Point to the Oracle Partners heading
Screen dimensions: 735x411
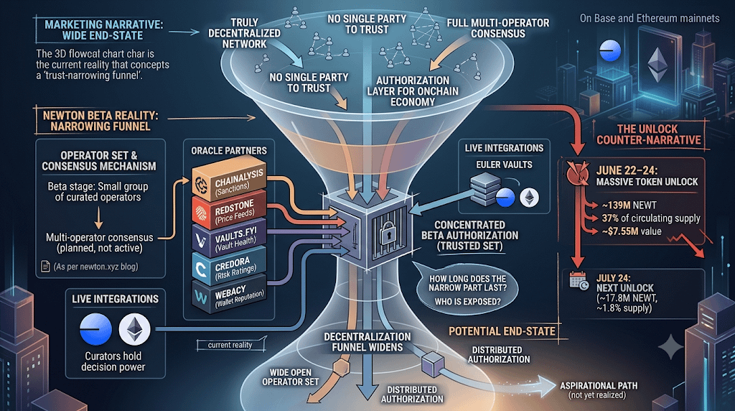(x=229, y=151)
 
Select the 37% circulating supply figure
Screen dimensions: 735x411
(x=650, y=218)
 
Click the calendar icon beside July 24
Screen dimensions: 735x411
(x=579, y=281)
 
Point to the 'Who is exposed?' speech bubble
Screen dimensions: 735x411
(x=467, y=290)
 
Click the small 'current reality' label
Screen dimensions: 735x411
(x=230, y=346)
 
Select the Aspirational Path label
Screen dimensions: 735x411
(x=599, y=390)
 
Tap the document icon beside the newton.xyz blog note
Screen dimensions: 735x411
(x=45, y=267)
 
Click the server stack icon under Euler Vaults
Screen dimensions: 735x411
(x=486, y=188)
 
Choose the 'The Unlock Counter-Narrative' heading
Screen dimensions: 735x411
(x=649, y=134)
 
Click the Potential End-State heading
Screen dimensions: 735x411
(x=502, y=331)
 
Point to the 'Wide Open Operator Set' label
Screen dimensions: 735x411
(x=290, y=377)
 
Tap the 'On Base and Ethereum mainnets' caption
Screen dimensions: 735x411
(x=649, y=18)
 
